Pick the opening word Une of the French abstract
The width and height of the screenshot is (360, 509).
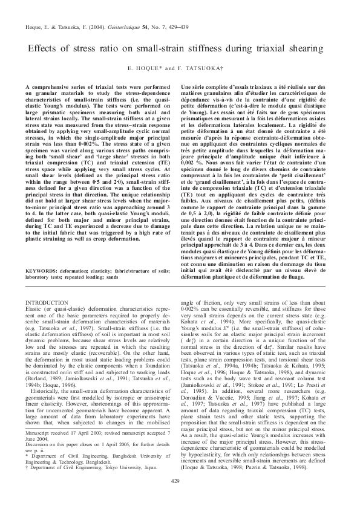click(x=187, y=88)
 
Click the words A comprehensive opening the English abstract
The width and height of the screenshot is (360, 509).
click(x=48, y=88)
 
